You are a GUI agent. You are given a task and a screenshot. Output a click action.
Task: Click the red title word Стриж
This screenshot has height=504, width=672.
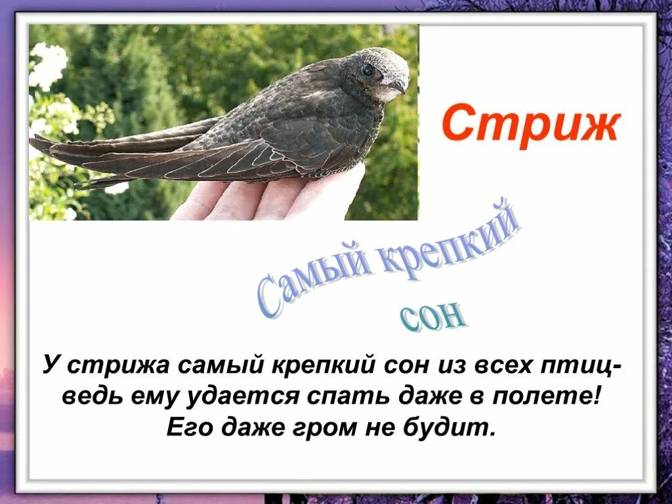point(530,125)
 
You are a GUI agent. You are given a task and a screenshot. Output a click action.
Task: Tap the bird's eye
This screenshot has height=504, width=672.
point(368,70)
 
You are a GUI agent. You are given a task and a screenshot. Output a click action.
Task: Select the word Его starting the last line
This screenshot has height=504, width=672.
point(190,429)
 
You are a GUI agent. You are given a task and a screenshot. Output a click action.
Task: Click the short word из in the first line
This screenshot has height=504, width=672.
point(450,364)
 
